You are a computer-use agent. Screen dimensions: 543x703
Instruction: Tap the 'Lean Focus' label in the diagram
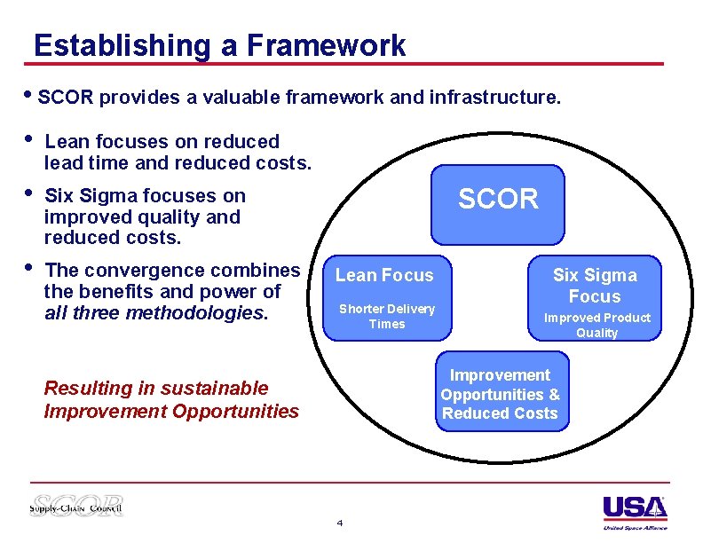pyautogui.click(x=384, y=276)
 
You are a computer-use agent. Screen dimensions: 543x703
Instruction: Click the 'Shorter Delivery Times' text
pyautogui.click(x=387, y=317)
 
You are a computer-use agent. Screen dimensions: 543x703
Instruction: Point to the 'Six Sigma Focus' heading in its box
pyautogui.click(x=595, y=286)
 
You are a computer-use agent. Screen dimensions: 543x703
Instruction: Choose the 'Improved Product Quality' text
pyautogui.click(x=596, y=325)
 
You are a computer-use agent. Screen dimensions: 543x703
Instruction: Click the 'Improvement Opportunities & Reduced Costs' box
pyautogui.click(x=501, y=394)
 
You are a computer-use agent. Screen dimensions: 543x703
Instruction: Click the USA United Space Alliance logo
pyautogui.click(x=635, y=512)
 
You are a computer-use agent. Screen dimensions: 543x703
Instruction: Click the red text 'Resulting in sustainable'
pyautogui.click(x=155, y=389)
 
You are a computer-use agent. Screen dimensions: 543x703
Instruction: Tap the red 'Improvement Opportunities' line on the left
pyautogui.click(x=171, y=412)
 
